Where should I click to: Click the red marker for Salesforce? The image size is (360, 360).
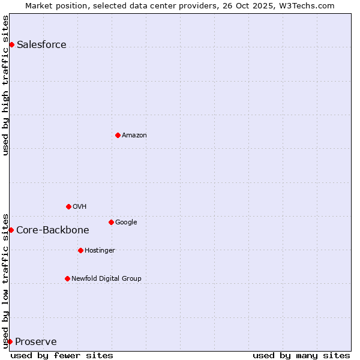(11, 44)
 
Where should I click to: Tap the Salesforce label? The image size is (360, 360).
(41, 45)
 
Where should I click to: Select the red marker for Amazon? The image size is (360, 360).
(118, 135)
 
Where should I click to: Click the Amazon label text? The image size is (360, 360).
(134, 136)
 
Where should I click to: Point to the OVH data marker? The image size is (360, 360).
(68, 206)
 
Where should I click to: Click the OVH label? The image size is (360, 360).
(80, 207)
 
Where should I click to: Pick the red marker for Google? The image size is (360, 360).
(111, 222)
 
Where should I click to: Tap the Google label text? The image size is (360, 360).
(126, 223)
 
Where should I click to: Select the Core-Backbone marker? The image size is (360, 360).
(11, 230)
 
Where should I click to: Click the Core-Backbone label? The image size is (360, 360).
(53, 230)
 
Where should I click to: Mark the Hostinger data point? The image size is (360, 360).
(80, 250)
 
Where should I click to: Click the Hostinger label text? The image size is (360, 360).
(100, 251)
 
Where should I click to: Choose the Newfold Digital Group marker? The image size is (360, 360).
(67, 278)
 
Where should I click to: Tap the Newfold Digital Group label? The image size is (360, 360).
(106, 279)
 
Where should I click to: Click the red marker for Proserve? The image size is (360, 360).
(10, 341)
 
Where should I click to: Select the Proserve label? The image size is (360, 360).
(36, 342)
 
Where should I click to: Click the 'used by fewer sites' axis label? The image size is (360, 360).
(62, 356)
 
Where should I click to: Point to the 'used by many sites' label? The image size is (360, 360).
(301, 356)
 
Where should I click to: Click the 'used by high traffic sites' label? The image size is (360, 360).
(6, 85)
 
